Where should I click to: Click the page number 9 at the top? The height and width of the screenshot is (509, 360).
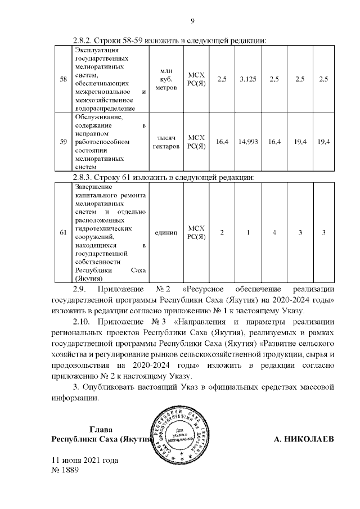coord(192,21)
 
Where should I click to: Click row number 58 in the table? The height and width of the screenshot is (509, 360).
coord(63,79)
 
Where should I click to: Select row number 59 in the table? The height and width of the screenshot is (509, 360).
coord(63,142)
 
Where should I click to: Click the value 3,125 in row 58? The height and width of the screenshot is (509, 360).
coord(247,79)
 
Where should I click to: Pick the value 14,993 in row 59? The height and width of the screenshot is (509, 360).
coord(247,142)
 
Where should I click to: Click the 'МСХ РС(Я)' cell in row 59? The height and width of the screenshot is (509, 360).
coord(196,142)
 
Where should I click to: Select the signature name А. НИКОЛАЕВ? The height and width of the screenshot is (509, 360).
coord(303,439)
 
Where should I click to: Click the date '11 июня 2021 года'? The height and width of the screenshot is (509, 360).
coord(84,461)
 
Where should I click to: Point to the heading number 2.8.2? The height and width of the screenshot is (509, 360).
coord(85,41)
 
